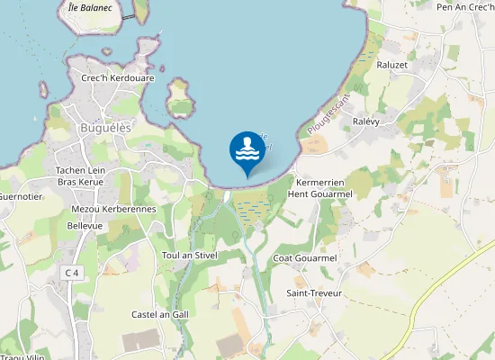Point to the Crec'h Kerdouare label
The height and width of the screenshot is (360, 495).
(118, 78)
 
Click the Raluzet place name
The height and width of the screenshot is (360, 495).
(392, 65)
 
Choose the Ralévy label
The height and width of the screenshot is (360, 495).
(369, 121)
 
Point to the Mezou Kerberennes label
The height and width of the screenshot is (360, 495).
(113, 209)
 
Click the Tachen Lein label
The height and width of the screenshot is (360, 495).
(81, 170)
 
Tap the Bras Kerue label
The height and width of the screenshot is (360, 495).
(81, 182)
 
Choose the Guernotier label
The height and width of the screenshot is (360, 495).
(15, 195)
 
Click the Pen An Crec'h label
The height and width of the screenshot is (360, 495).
(465, 7)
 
